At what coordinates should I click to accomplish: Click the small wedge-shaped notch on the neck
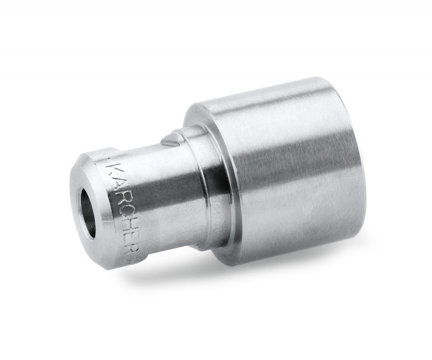click(x=169, y=140)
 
